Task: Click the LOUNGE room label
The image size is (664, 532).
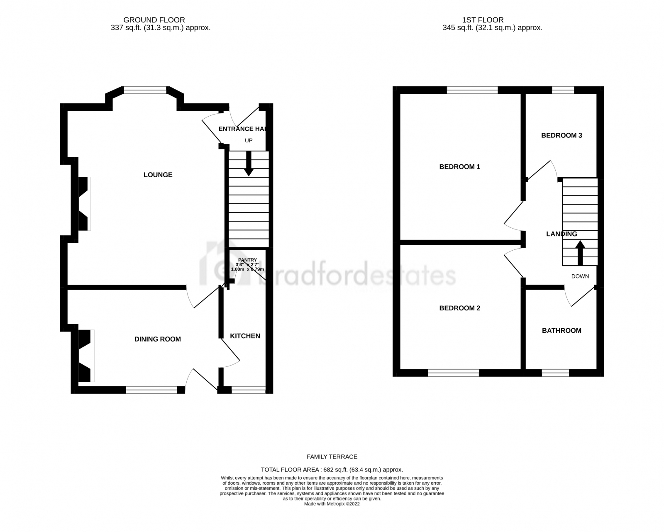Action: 158,175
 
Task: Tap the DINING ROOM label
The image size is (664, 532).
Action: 158,339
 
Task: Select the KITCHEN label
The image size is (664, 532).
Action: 245,336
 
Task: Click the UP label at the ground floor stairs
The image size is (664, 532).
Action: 249,140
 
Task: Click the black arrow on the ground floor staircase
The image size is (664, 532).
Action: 249,164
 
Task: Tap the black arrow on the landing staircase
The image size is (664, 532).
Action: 580,253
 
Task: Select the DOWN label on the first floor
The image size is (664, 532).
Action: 580,276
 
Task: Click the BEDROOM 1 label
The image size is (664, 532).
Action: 459,167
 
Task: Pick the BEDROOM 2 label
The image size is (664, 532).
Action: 459,308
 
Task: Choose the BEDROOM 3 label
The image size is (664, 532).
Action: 561,135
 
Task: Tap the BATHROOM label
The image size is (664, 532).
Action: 561,330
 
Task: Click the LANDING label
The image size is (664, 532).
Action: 561,234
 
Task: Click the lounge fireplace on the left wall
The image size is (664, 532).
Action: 84,204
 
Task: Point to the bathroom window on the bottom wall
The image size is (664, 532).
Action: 555,373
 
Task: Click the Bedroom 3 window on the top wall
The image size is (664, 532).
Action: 563,90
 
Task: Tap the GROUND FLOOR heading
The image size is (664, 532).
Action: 154,20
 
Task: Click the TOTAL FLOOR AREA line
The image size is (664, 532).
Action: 332,470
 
